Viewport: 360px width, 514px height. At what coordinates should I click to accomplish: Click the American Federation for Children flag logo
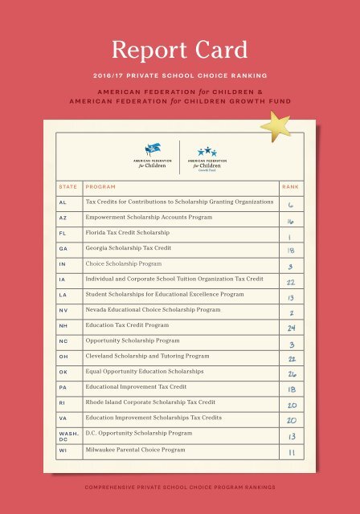click(x=152, y=154)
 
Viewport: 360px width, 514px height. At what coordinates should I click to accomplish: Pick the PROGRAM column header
click(x=100, y=186)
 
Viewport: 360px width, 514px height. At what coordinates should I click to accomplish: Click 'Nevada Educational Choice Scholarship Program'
click(x=153, y=310)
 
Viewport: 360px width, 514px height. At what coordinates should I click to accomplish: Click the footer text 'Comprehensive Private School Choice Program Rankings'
click(x=180, y=487)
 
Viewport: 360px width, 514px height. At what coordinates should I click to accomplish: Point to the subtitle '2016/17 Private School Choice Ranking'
click(x=180, y=77)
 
